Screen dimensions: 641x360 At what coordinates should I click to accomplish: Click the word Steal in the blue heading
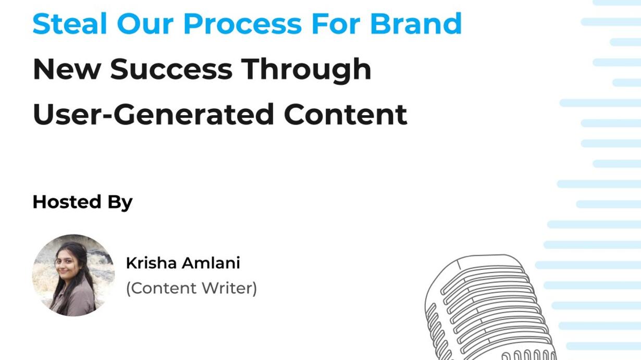coord(70,23)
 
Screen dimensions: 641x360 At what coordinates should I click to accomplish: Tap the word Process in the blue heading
coord(243,23)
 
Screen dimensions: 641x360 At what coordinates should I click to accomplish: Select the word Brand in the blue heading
coord(416,23)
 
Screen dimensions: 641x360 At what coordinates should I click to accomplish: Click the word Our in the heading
coord(145,23)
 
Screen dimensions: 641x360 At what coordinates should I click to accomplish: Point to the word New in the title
coord(67,69)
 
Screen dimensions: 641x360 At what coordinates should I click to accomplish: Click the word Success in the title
coord(171,69)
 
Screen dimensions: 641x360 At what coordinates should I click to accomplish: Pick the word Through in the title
coord(306,70)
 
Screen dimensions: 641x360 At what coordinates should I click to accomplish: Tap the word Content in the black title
coord(346,115)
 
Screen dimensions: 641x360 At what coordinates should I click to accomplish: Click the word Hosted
coord(67,202)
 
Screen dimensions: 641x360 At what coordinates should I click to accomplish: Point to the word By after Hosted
coord(120,203)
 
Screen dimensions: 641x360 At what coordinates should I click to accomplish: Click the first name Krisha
coord(151,263)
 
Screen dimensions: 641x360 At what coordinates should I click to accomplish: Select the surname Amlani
coord(211,263)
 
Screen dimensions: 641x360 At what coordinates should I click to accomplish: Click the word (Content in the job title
coord(161,288)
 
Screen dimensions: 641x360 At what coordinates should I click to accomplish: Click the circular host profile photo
coord(73,275)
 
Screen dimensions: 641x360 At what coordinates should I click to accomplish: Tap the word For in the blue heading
coord(336,23)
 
